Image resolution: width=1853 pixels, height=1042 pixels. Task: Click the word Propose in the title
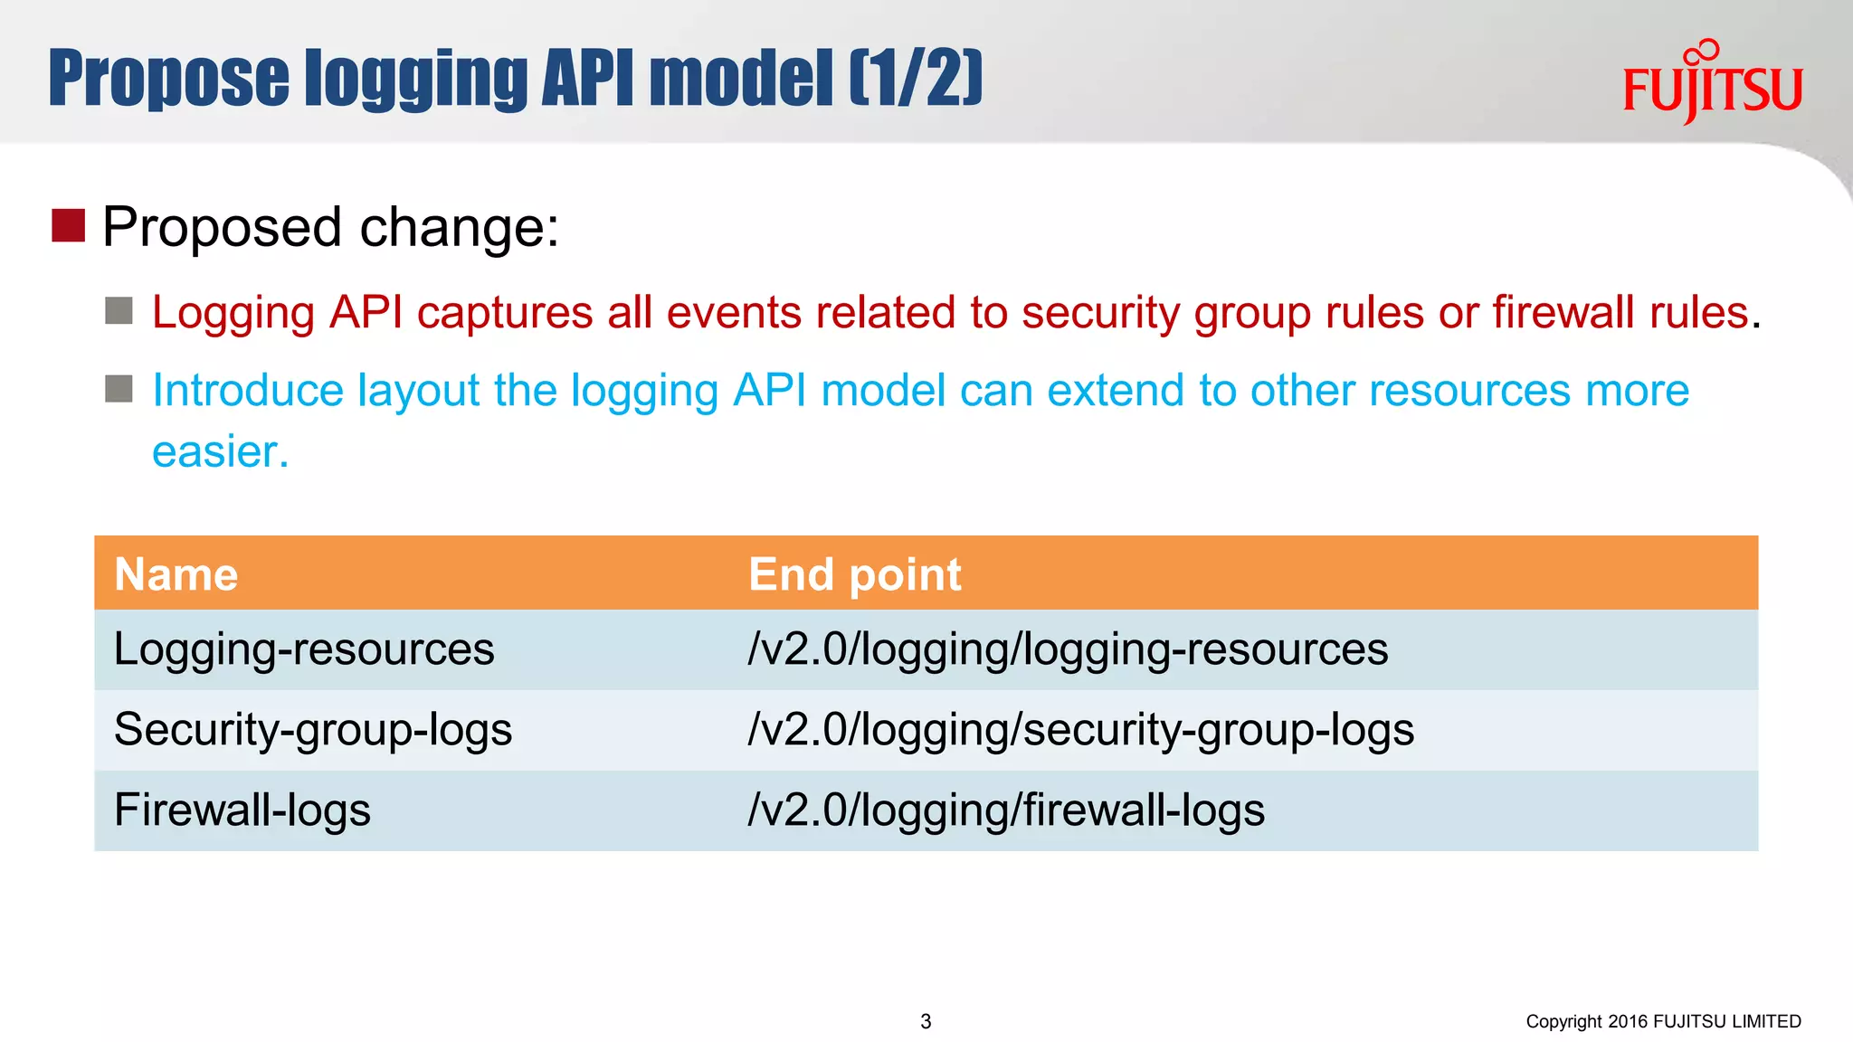168,79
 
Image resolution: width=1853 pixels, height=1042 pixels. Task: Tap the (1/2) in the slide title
916,79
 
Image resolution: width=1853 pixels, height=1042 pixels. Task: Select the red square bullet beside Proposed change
68,225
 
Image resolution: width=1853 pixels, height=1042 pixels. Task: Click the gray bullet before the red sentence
119,311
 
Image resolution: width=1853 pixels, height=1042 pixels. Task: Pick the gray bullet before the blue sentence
119,389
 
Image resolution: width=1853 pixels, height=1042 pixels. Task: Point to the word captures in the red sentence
504,313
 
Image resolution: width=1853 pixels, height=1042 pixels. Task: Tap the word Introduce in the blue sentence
248,391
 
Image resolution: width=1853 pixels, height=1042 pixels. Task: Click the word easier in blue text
220,451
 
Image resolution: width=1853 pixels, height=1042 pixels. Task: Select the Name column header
176,574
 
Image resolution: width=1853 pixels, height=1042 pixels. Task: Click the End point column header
854,574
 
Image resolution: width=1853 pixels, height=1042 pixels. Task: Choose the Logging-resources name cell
304,649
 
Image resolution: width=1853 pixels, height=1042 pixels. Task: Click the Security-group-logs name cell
313,730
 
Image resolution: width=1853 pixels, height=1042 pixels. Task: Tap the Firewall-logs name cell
242,810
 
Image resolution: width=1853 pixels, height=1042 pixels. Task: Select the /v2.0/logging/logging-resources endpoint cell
1068,649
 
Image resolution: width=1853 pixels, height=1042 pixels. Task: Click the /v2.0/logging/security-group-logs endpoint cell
1080,730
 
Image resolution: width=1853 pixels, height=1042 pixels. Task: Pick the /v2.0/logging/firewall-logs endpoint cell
1006,810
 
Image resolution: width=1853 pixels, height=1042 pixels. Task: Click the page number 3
926,1021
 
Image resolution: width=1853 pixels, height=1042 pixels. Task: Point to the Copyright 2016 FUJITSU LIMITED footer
1663,1021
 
